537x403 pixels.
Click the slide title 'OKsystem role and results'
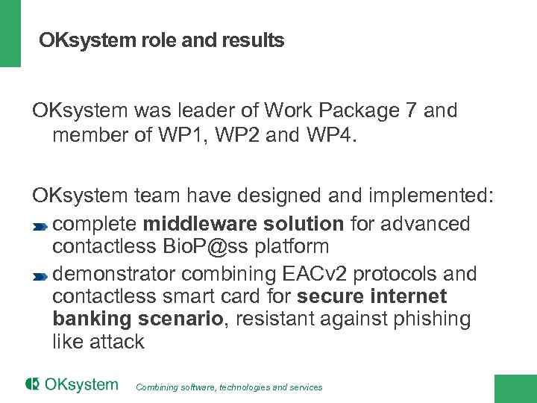162,40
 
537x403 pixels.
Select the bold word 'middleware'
191,224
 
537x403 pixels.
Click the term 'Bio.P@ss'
210,246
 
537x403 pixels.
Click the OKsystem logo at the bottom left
72,385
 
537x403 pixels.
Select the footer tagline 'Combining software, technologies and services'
230,387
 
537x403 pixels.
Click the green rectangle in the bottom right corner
515,388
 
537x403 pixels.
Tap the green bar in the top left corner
10,34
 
